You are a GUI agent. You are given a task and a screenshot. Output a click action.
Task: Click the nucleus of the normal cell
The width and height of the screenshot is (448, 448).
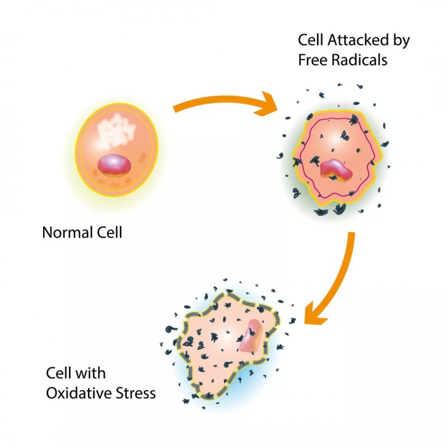click(x=114, y=165)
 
